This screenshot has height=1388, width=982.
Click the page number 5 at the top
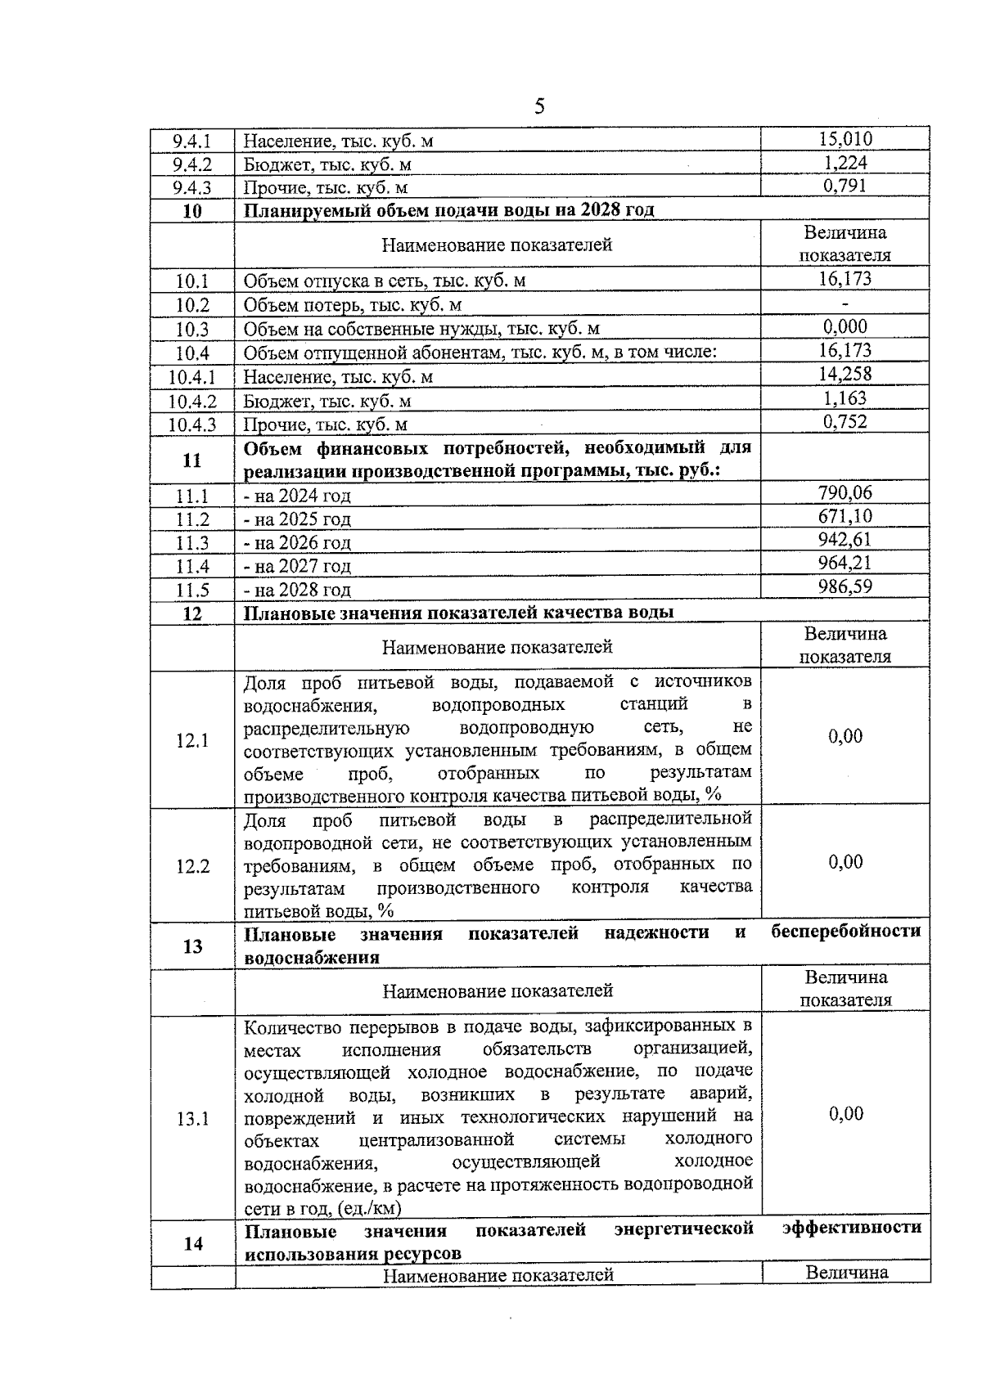pyautogui.click(x=538, y=106)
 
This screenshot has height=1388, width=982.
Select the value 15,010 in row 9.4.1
pyautogui.click(x=845, y=138)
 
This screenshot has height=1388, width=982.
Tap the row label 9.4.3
pyautogui.click(x=192, y=188)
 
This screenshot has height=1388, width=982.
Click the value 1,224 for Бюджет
pyautogui.click(x=845, y=162)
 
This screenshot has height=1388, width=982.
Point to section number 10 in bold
pyautogui.click(x=192, y=211)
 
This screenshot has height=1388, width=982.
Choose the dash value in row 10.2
pyautogui.click(x=845, y=304)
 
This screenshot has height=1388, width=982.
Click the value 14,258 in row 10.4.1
pyautogui.click(x=845, y=374)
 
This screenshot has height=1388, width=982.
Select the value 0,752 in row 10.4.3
pyautogui.click(x=845, y=421)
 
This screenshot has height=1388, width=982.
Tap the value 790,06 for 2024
pyautogui.click(x=845, y=492)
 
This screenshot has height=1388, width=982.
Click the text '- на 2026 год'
pyautogui.click(x=297, y=543)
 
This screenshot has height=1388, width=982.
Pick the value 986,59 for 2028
pyautogui.click(x=845, y=586)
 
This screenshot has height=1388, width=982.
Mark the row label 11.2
pyautogui.click(x=192, y=519)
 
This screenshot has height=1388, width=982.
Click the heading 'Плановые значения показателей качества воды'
pyautogui.click(x=459, y=613)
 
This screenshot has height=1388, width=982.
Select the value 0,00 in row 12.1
pyautogui.click(x=845, y=736)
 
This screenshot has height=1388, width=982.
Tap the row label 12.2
pyautogui.click(x=192, y=866)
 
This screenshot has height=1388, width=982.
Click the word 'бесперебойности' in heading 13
pyautogui.click(x=846, y=931)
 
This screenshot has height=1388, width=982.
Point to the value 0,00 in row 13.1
pyautogui.click(x=845, y=1114)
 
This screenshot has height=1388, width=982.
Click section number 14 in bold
pyautogui.click(x=193, y=1243)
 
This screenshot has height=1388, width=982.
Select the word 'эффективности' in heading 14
pyautogui.click(x=851, y=1227)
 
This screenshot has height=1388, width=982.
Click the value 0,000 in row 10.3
pyautogui.click(x=845, y=327)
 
